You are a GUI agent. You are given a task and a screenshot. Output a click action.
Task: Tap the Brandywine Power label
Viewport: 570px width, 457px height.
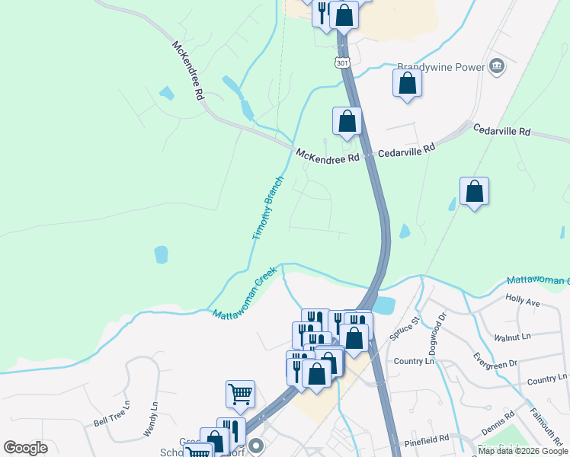441,67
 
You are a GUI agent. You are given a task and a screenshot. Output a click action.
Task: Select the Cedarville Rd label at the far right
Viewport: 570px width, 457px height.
501,131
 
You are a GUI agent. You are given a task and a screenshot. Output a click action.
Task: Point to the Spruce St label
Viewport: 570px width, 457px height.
405,330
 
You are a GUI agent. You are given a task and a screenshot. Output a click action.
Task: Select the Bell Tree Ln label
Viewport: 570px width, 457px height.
110,416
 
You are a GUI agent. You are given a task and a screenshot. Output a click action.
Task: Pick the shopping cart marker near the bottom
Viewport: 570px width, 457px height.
240,394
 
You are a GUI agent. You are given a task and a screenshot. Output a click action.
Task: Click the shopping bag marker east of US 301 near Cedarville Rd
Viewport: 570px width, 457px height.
474,192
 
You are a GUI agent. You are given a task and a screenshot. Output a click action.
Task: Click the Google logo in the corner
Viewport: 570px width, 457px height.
25,448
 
